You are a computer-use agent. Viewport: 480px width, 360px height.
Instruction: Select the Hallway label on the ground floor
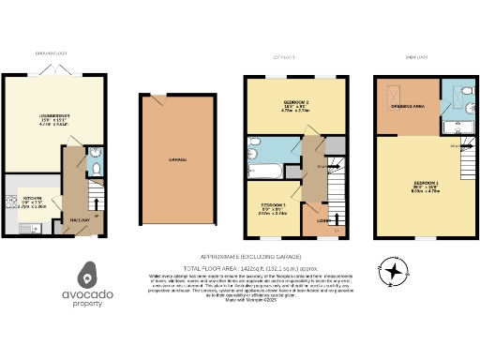coord(79,219)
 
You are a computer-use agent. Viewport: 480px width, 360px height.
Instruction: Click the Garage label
coord(176,160)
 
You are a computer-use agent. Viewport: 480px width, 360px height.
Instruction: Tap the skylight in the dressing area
coord(393,96)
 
